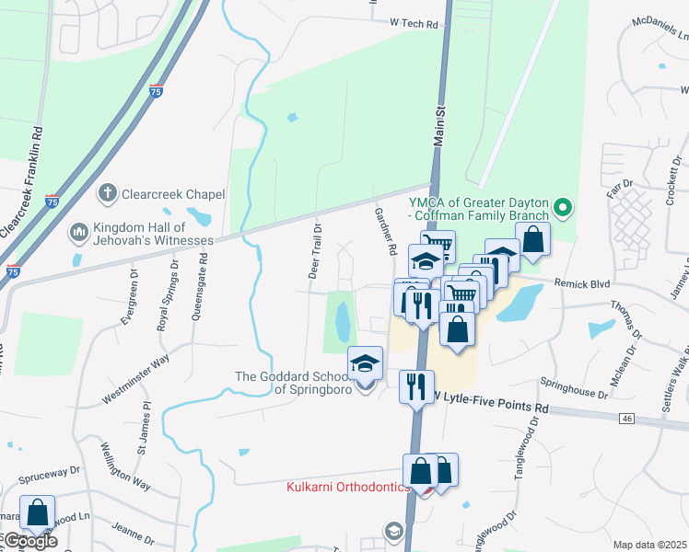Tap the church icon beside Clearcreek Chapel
click(x=108, y=193)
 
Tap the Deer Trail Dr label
click(x=315, y=250)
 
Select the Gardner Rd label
click(x=384, y=231)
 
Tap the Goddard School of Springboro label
click(x=293, y=383)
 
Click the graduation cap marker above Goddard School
click(x=365, y=362)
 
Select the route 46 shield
click(x=626, y=419)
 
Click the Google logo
click(x=30, y=541)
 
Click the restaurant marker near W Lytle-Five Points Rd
click(x=416, y=386)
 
